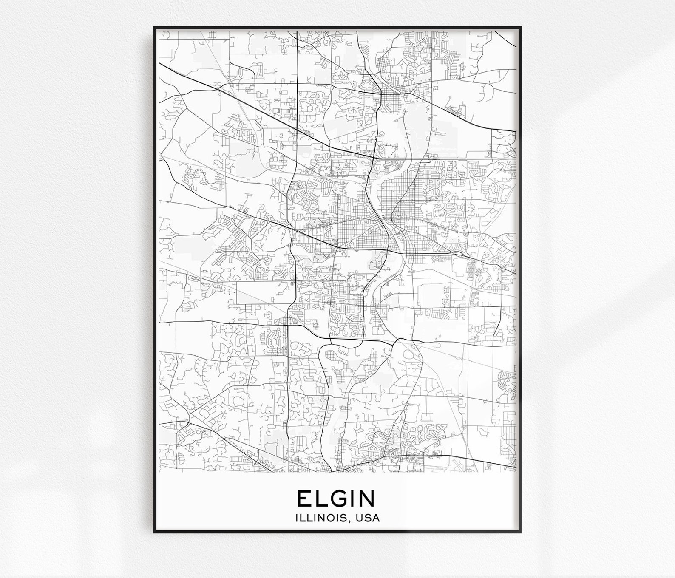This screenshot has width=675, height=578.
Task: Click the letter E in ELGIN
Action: pyautogui.click(x=304, y=499)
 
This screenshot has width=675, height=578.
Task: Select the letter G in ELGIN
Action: pyautogui.click(x=338, y=499)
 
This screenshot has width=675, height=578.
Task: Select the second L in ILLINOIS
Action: pyautogui.click(x=310, y=518)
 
